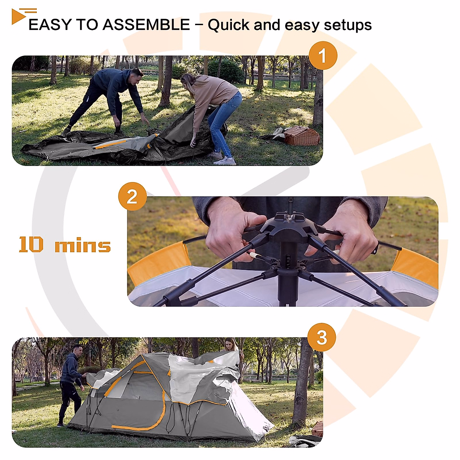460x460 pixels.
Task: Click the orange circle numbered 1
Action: [323, 56]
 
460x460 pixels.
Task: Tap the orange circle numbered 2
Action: [132, 197]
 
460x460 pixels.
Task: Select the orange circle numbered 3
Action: [322, 338]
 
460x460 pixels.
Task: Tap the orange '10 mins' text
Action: [65, 245]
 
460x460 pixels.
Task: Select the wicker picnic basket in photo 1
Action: [302, 136]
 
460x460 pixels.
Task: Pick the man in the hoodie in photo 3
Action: [71, 383]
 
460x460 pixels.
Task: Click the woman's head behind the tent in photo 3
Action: [230, 344]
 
